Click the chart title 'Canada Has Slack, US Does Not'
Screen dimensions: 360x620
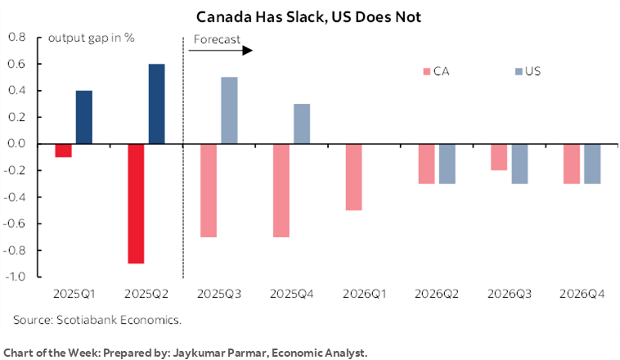pyautogui.click(x=310, y=17)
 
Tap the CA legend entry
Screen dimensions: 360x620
pyautogui.click(x=434, y=71)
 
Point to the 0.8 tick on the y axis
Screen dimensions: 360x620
pyautogui.click(x=17, y=38)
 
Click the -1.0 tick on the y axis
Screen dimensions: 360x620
pyautogui.click(x=16, y=277)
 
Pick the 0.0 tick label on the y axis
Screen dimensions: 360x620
pyautogui.click(x=17, y=144)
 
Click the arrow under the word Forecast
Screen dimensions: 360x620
pyautogui.click(x=221, y=51)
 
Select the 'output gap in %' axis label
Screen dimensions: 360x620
pyautogui.click(x=91, y=38)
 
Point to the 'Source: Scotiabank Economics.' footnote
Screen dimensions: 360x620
pyautogui.click(x=97, y=318)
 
